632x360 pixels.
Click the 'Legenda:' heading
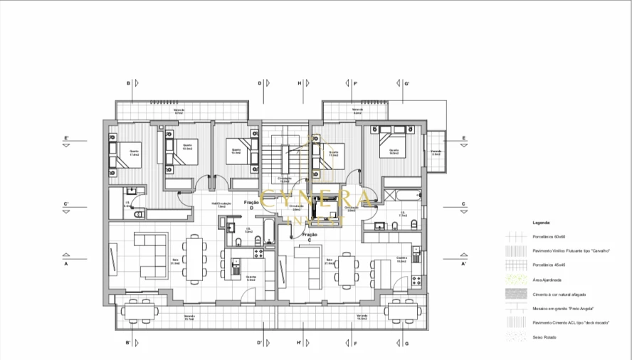click(x=541, y=223)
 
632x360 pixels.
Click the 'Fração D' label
click(x=251, y=203)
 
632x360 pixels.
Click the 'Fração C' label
click(x=309, y=235)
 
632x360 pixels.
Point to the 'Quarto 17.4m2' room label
click(x=134, y=153)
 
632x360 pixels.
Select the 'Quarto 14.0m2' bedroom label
click(x=393, y=152)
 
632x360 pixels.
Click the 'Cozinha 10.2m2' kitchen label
click(x=401, y=260)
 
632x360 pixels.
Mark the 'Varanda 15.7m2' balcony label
click(x=189, y=317)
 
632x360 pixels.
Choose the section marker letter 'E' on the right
click(x=463, y=138)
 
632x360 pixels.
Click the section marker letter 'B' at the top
click(x=129, y=83)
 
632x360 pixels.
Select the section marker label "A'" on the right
click(x=463, y=264)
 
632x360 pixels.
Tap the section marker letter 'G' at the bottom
click(x=406, y=344)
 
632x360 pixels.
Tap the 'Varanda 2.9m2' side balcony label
click(x=436, y=153)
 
